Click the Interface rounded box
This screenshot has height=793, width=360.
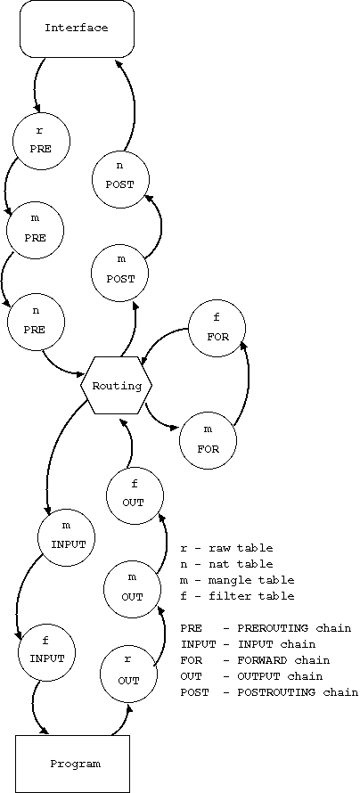[78, 29]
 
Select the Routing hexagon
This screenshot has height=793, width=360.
[117, 386]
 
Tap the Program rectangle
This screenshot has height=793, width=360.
[73, 764]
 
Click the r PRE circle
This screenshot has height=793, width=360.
[41, 141]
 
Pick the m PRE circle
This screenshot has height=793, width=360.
[35, 230]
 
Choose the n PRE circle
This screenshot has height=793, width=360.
[37, 322]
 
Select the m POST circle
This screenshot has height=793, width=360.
[120, 274]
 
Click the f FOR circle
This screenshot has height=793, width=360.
[217, 330]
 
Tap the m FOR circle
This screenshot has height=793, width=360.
[209, 440]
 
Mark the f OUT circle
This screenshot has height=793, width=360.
[135, 495]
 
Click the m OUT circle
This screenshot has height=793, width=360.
[133, 588]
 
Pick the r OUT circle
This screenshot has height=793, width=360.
[128, 673]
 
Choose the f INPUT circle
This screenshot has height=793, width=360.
[46, 650]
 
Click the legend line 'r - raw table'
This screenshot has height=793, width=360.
[226, 548]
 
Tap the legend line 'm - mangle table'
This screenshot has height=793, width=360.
[237, 580]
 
